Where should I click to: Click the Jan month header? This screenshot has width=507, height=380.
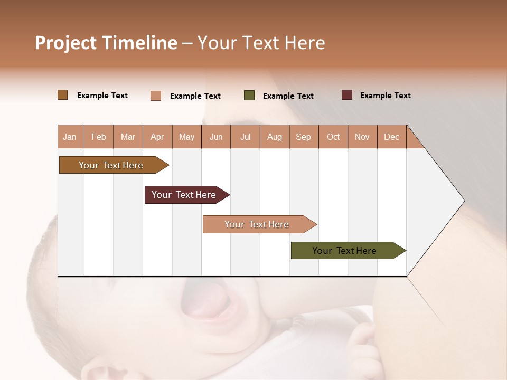tap(70, 137)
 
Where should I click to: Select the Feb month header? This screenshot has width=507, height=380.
tap(99, 137)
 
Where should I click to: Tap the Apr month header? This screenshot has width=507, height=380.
tap(157, 137)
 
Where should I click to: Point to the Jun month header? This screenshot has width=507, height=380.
tap(215, 137)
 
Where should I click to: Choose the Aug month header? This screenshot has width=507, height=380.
tap(274, 137)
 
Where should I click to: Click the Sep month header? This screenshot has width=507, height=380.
tap(303, 137)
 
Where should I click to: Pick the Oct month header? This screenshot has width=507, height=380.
tap(333, 137)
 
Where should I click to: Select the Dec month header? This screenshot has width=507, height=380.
tap(391, 137)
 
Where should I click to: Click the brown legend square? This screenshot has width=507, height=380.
tap(63, 95)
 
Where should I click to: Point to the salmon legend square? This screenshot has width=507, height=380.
tap(156, 96)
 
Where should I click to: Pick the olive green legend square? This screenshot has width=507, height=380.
tap(249, 96)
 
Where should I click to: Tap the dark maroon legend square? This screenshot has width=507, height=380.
tap(347, 95)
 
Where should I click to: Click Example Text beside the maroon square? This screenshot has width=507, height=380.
tap(385, 96)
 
